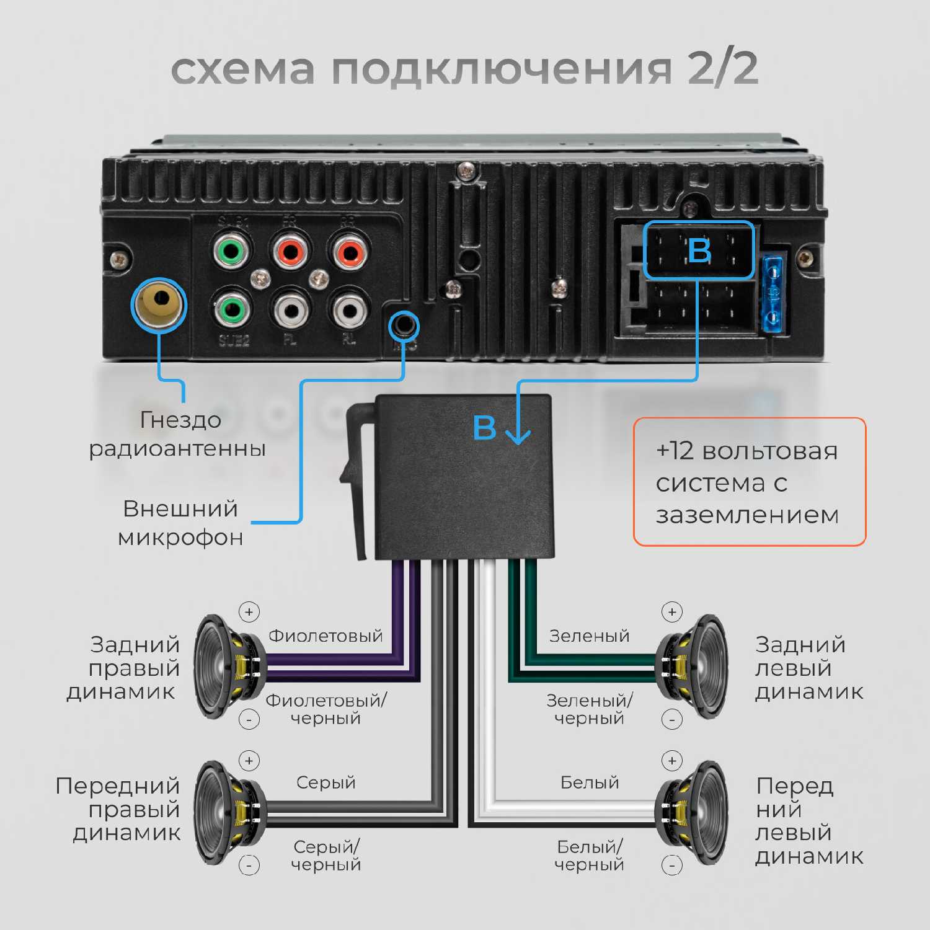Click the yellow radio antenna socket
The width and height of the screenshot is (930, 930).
[159, 303]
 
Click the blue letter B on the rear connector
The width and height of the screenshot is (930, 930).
[699, 250]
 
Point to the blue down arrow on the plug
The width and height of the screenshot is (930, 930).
[518, 429]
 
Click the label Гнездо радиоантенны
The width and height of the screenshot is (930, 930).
[179, 434]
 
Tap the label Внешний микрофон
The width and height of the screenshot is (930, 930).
[180, 523]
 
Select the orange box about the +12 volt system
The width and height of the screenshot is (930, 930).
[749, 482]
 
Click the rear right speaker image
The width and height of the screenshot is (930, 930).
[229, 666]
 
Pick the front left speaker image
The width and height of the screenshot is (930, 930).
[693, 813]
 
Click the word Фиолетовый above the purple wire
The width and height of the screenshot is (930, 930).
[325, 635]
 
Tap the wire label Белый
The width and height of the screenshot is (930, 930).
[590, 782]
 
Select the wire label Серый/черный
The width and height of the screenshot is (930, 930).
[326, 855]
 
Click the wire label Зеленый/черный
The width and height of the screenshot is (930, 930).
[590, 709]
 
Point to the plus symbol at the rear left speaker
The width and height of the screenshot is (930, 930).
[671, 612]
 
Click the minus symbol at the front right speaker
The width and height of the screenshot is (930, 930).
[249, 864]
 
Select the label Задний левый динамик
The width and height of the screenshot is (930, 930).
[808, 668]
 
